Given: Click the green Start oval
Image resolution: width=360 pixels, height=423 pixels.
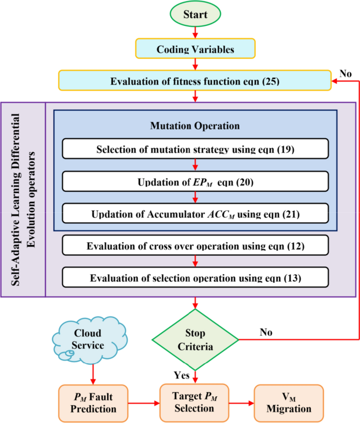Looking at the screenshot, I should [195, 14].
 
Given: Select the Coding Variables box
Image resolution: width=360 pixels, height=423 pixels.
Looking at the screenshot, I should [195, 50].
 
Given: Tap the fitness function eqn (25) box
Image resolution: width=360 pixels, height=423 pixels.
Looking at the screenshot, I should [196, 81].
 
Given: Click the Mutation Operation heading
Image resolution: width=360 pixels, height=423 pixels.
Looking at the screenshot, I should [195, 126].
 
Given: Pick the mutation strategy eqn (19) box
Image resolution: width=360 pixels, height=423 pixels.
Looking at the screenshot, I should [195, 149].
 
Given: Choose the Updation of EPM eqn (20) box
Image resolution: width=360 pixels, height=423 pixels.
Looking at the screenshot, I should [195, 182].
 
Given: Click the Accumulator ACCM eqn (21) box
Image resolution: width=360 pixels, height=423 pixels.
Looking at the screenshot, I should [195, 214].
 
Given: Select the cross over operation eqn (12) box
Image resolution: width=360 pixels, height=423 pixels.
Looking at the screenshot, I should [195, 245].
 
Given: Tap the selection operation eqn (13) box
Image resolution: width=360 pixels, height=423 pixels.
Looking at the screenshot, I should [195, 277].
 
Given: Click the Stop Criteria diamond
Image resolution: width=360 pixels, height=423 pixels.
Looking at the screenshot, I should [195, 339].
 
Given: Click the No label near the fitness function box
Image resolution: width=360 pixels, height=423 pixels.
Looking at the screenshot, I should [345, 74].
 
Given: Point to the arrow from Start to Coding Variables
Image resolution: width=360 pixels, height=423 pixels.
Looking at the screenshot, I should [195, 33].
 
